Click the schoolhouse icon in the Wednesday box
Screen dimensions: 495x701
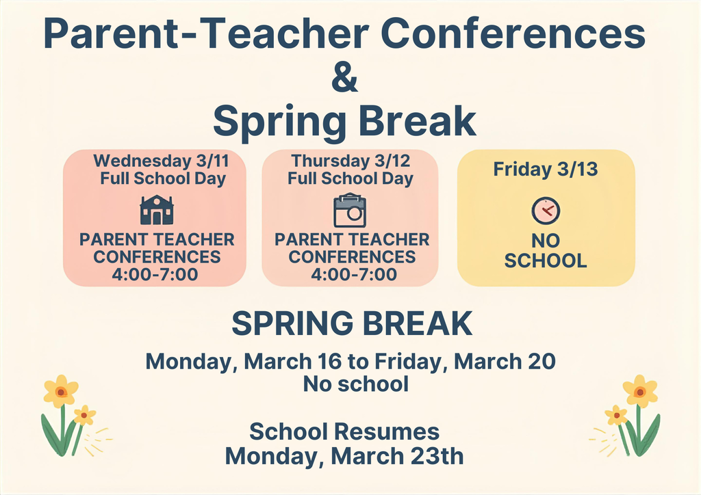pyautogui.click(x=156, y=210)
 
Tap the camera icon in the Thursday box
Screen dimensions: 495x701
pyautogui.click(x=349, y=211)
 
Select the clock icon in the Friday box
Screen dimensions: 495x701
pyautogui.click(x=546, y=211)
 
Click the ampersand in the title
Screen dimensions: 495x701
pyautogui.click(x=344, y=77)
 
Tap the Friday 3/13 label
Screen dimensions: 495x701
pyautogui.click(x=546, y=169)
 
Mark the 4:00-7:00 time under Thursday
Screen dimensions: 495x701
pyautogui.click(x=353, y=275)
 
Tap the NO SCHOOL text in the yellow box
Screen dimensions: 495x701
pyautogui.click(x=546, y=251)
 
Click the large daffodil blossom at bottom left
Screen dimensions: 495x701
pyautogui.click(x=60, y=391)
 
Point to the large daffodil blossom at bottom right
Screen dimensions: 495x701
pyautogui.click(x=640, y=391)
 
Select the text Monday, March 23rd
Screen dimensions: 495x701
pyautogui.click(x=344, y=455)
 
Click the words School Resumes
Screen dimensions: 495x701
pyautogui.click(x=344, y=432)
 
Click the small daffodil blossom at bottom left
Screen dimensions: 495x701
pyautogui.click(x=84, y=414)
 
